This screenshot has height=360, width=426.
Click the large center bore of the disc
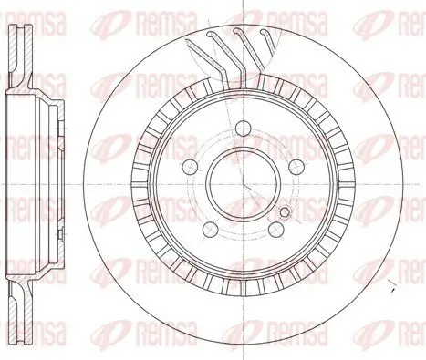tap(243, 183)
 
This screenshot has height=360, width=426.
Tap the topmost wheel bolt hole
tap(243, 128)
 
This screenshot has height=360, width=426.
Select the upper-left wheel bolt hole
tap(190, 166)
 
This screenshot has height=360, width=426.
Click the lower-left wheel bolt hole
tap(210, 229)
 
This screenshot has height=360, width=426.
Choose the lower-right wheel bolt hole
tap(276, 229)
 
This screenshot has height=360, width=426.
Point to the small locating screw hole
tap(285, 212)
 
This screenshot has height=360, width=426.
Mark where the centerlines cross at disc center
tap(243, 184)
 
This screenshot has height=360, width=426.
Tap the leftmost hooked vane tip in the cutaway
tap(210, 35)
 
